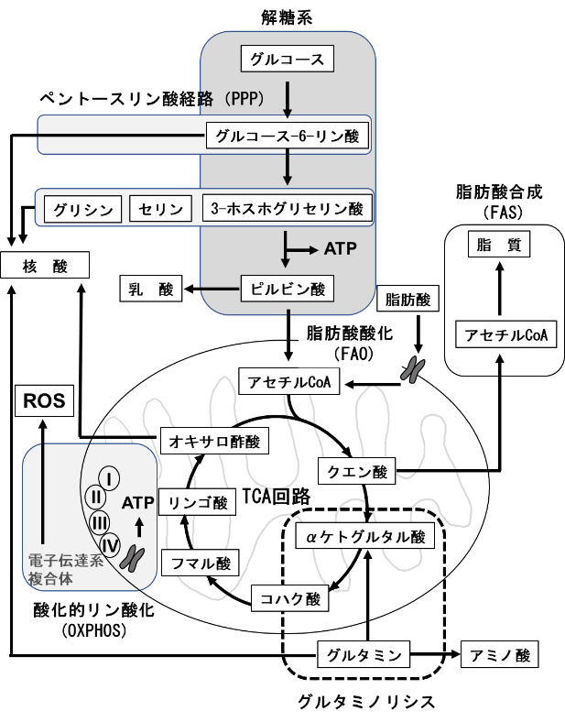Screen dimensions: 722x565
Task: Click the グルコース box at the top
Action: coord(288,60)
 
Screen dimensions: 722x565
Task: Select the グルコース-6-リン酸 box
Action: coord(287,137)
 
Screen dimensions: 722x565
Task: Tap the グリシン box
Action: coord(82,210)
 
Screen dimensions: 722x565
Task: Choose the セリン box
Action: coord(160,210)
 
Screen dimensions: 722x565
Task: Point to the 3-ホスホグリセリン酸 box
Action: coord(287,209)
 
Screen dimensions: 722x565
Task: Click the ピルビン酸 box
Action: coord(287,290)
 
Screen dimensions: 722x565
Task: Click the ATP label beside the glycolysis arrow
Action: coord(340,248)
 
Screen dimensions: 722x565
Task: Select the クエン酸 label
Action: coord(358,473)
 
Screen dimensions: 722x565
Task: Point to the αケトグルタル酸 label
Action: coord(364,537)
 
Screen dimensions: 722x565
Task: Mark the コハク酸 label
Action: coord(288,600)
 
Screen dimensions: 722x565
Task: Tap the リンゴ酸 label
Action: coord(197,503)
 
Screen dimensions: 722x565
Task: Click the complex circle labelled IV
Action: coord(110,546)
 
